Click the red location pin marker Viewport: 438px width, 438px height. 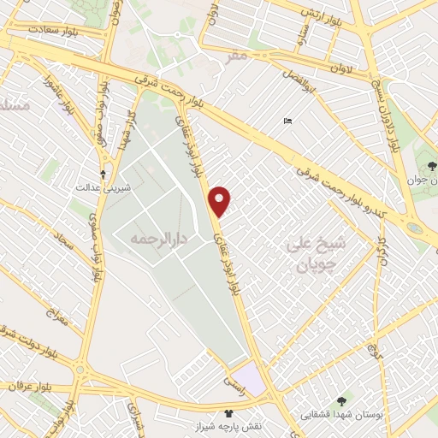(222, 201)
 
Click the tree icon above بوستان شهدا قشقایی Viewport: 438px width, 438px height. (342, 399)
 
